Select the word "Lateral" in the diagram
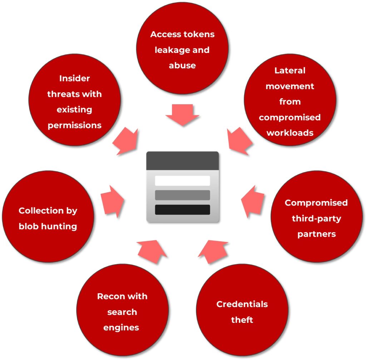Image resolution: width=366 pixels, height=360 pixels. tap(290, 70)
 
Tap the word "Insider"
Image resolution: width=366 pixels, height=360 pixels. tap(74, 78)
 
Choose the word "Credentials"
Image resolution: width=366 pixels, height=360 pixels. tap(242, 304)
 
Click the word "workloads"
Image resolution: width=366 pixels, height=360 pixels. tap(290, 133)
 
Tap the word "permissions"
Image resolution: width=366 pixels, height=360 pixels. tap(74, 125)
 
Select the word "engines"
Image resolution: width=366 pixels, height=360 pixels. tap(121, 327)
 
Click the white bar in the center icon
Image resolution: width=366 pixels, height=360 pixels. tap(182, 181)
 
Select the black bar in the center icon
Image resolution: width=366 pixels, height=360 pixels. tap(182, 209)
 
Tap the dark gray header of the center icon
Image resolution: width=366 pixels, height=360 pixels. tap(182, 161)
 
